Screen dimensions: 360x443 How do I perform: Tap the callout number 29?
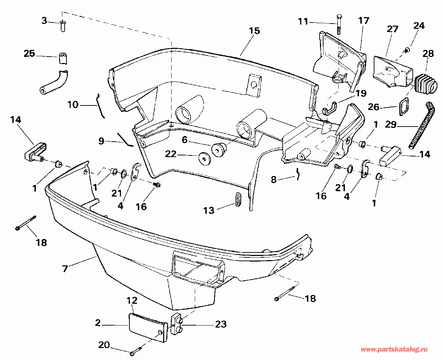pyautogui.click(x=391, y=124)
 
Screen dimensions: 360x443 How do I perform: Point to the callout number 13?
pyautogui.click(x=209, y=210)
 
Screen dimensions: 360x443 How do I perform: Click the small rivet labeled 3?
pyautogui.click(x=63, y=26)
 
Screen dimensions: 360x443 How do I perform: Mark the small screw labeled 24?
pyautogui.click(x=407, y=51)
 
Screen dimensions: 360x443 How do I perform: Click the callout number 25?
pyautogui.click(x=30, y=54)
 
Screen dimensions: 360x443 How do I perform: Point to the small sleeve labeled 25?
pyautogui.click(x=63, y=58)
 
